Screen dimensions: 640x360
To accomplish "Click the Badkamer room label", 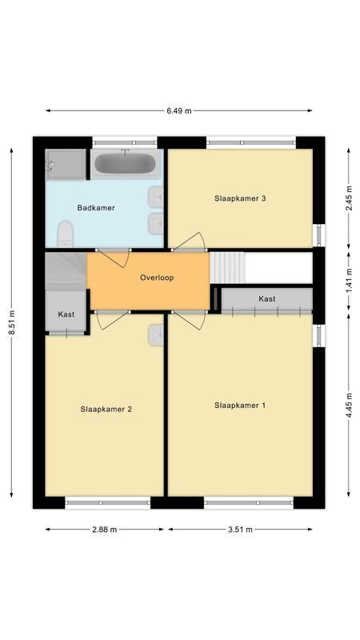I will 96,208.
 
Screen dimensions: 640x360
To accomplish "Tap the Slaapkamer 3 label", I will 240,198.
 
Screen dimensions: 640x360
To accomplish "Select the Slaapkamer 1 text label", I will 240,406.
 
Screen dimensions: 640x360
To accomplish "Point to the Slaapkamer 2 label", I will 106,409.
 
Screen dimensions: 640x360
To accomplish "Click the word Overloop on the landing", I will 157,278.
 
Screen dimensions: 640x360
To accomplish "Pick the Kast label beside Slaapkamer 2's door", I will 66,314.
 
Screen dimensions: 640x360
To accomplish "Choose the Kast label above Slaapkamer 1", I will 267,298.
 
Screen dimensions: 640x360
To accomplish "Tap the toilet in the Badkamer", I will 66,234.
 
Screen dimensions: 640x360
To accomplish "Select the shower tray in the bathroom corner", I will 64,164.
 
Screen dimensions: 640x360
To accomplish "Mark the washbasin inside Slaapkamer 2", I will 155,336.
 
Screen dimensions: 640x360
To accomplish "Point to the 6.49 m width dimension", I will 178,111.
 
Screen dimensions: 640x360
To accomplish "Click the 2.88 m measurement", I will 104,530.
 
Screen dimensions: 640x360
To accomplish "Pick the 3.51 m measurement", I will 240,530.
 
